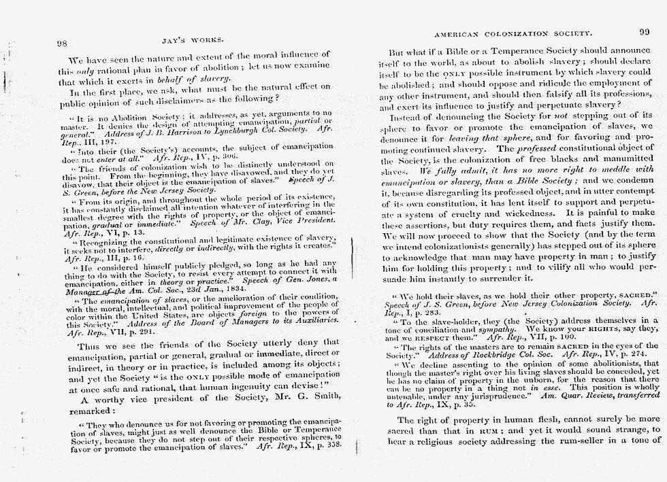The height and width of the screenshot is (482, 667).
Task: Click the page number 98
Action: point(61,44)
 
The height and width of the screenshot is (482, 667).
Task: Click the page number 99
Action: point(644,33)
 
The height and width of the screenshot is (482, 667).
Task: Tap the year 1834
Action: point(227,288)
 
